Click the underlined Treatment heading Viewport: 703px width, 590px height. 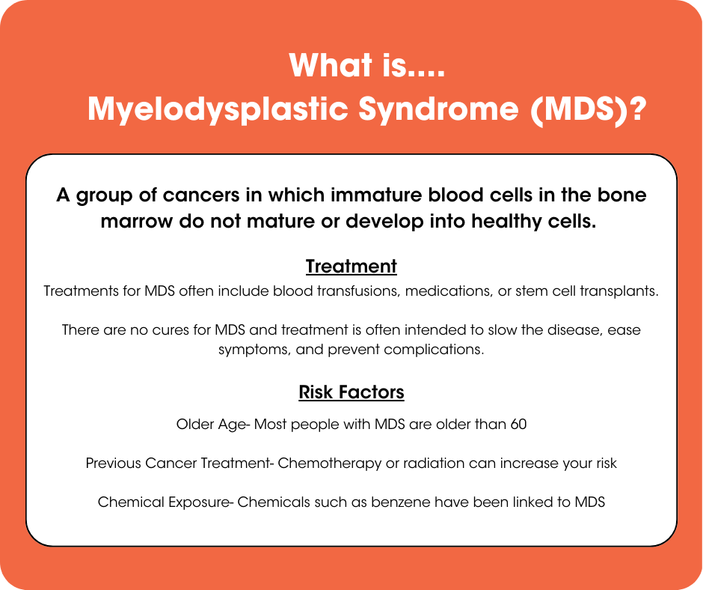point(351,267)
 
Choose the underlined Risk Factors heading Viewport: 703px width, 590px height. point(351,392)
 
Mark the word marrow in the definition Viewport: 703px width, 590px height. point(136,222)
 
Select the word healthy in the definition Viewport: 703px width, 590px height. point(504,222)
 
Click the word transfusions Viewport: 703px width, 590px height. point(354,291)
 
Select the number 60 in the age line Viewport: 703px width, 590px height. point(518,425)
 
